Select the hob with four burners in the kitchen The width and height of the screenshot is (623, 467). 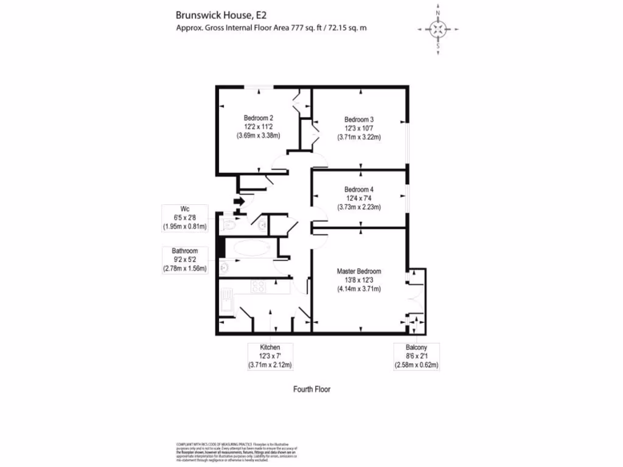(259, 287)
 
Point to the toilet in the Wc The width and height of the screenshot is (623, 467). (229, 226)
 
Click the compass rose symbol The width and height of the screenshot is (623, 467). (437, 29)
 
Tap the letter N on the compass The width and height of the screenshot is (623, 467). (437, 12)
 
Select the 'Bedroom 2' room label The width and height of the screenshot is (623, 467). (258, 118)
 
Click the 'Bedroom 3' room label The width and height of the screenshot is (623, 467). (359, 119)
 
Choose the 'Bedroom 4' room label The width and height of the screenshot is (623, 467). (359, 189)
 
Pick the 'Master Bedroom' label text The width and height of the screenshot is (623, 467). (359, 271)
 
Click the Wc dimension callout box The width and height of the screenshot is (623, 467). (186, 218)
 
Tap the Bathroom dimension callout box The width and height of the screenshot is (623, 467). (186, 260)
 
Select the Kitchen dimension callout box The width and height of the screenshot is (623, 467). (270, 356)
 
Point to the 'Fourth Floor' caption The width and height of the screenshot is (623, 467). (311, 389)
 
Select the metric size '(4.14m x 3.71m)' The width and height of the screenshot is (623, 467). (359, 288)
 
